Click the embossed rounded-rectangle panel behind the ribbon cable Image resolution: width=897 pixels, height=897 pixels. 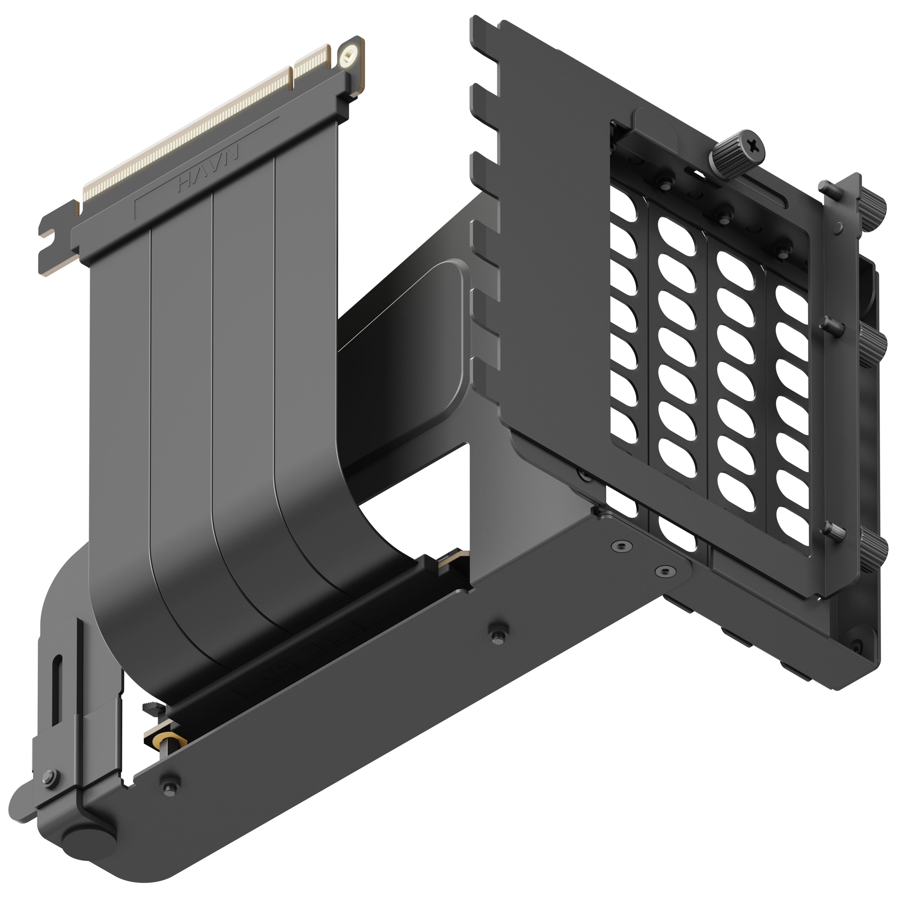coord(408,353)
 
